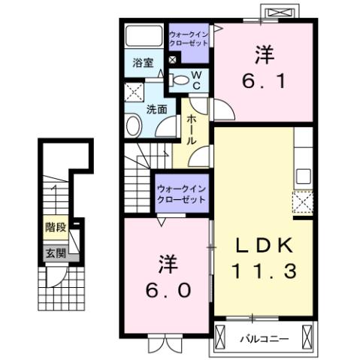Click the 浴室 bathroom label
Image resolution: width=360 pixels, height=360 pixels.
click(144, 64)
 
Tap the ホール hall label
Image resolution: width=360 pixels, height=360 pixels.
click(192, 130)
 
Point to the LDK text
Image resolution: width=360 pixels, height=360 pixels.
click(260, 246)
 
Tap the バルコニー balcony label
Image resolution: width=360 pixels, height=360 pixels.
click(264, 338)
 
